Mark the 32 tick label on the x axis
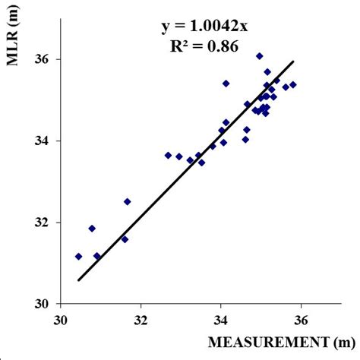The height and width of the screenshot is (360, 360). click(141, 319)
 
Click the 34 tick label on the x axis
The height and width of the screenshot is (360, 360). click(221, 319)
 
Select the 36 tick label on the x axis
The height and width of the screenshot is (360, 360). click(302, 319)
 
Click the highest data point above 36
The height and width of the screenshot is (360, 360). click(259, 56)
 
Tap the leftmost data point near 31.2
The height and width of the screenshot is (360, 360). click(78, 257)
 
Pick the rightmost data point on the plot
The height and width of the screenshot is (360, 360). click(293, 84)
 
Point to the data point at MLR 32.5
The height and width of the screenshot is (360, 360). click(127, 202)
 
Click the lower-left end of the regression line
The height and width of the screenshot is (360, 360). click(78, 280)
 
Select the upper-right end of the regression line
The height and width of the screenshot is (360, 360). click(293, 62)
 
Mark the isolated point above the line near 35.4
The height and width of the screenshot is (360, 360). click(226, 83)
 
